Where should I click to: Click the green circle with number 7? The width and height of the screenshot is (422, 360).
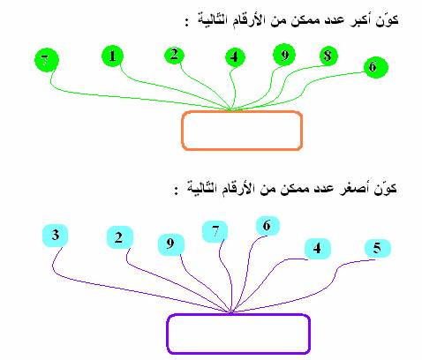coord(47,60)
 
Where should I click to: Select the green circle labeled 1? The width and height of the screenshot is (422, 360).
coord(112,56)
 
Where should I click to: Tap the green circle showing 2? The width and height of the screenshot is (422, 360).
coord(174,55)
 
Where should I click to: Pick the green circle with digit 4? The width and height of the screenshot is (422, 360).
coord(235,57)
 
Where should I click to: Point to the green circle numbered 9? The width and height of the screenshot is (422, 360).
coord(284,55)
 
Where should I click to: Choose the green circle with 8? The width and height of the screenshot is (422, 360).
coord(328,56)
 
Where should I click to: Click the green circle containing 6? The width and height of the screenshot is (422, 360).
coord(376,67)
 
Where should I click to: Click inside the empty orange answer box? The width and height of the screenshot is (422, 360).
coord(242,131)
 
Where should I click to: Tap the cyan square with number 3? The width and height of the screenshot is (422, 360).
coord(56,236)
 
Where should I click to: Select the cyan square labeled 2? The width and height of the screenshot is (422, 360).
coord(119,237)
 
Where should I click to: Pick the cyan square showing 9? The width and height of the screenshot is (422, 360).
coord(171,244)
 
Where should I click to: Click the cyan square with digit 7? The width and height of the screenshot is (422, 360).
coord(215,232)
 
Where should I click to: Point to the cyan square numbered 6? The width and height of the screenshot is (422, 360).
coord(268,226)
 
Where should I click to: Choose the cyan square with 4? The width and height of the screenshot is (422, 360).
coord(318,249)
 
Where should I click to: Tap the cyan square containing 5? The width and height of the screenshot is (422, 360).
coord(378,249)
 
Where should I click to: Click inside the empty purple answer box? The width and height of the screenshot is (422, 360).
coord(238,334)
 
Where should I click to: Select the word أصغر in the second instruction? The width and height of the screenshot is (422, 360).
coord(356,189)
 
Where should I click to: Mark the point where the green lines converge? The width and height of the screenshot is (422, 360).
coord(231,110)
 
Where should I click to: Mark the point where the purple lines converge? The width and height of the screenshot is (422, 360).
coord(231,312)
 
